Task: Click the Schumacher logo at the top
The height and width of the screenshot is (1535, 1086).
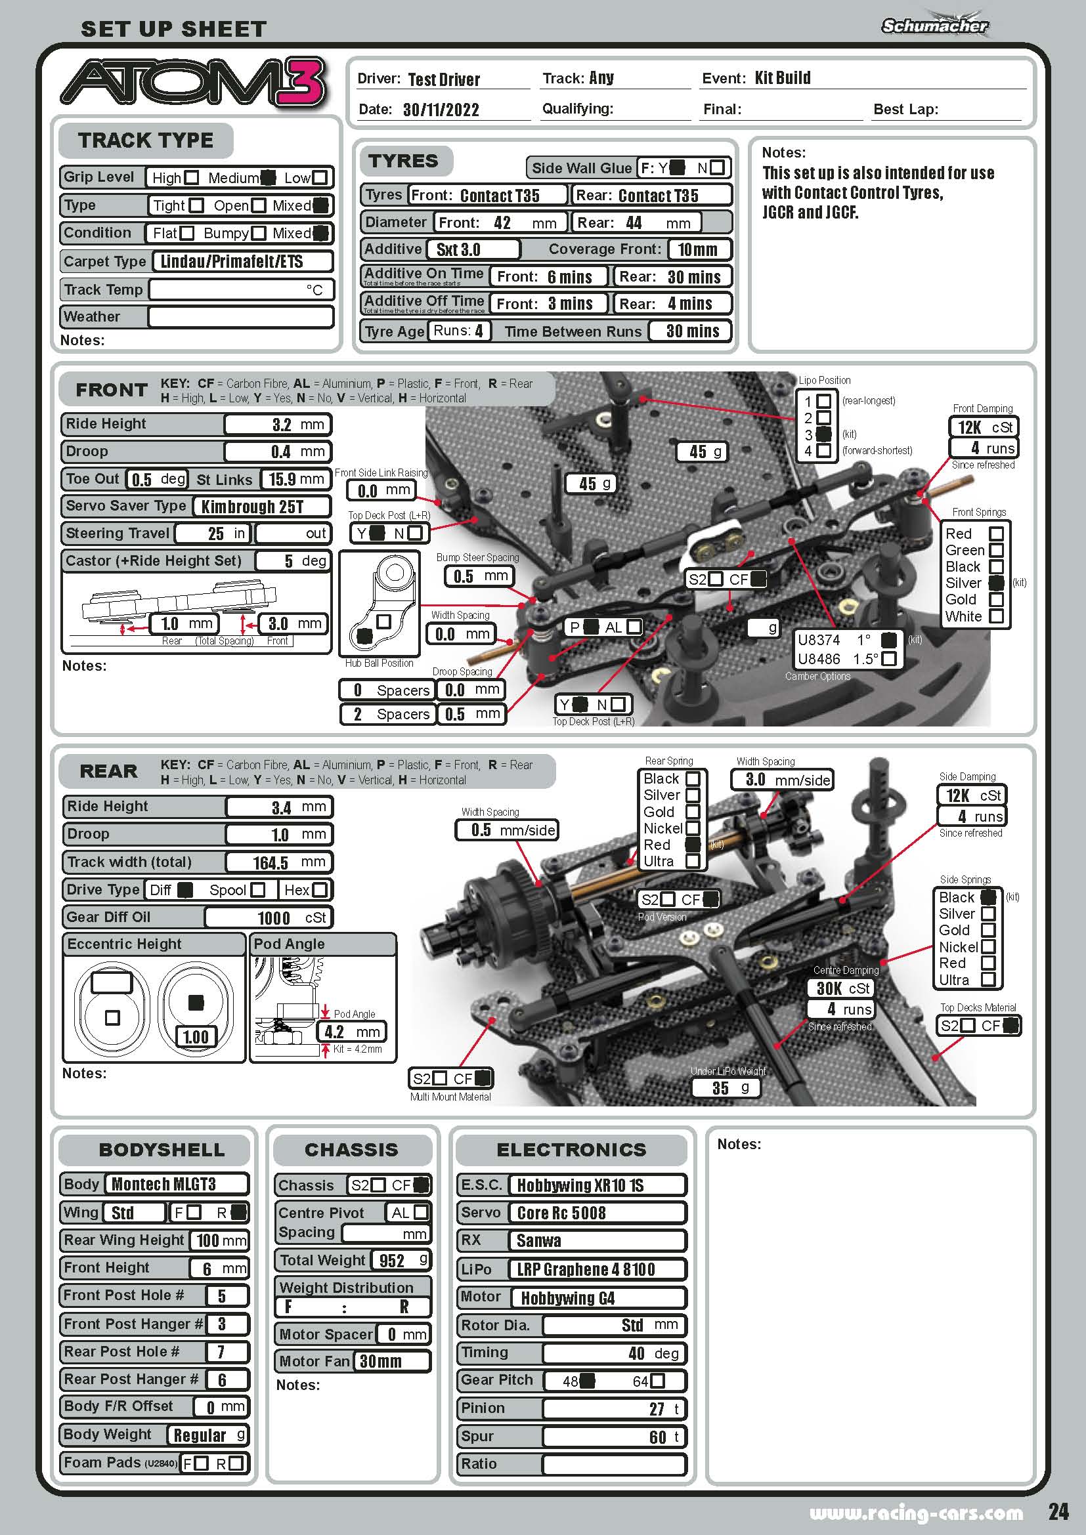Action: click(x=934, y=26)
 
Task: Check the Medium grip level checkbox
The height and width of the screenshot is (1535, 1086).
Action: click(x=267, y=178)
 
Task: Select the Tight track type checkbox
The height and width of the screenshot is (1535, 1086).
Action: click(x=196, y=205)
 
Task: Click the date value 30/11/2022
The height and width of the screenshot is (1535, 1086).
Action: click(x=441, y=110)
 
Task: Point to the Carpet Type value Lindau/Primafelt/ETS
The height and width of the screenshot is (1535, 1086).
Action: click(x=231, y=261)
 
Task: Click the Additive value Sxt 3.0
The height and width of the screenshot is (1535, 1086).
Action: click(x=458, y=250)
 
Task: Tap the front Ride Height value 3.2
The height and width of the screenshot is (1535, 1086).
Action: click(x=282, y=425)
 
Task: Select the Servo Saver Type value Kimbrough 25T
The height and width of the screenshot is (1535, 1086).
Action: click(x=252, y=507)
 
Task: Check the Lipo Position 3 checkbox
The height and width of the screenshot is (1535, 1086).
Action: click(x=824, y=434)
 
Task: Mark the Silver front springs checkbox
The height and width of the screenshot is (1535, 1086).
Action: click(x=996, y=583)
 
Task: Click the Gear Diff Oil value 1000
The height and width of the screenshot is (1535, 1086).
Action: click(x=274, y=918)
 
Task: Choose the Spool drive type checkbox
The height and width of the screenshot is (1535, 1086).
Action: click(x=258, y=890)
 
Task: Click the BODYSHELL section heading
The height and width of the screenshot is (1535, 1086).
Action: click(x=161, y=1149)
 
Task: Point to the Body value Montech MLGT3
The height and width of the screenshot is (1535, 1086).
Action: click(x=164, y=1184)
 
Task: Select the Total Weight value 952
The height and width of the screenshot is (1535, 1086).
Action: click(x=392, y=1260)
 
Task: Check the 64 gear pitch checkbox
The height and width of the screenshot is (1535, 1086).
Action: click(x=657, y=1381)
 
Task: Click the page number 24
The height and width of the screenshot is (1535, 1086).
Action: click(x=1058, y=1511)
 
